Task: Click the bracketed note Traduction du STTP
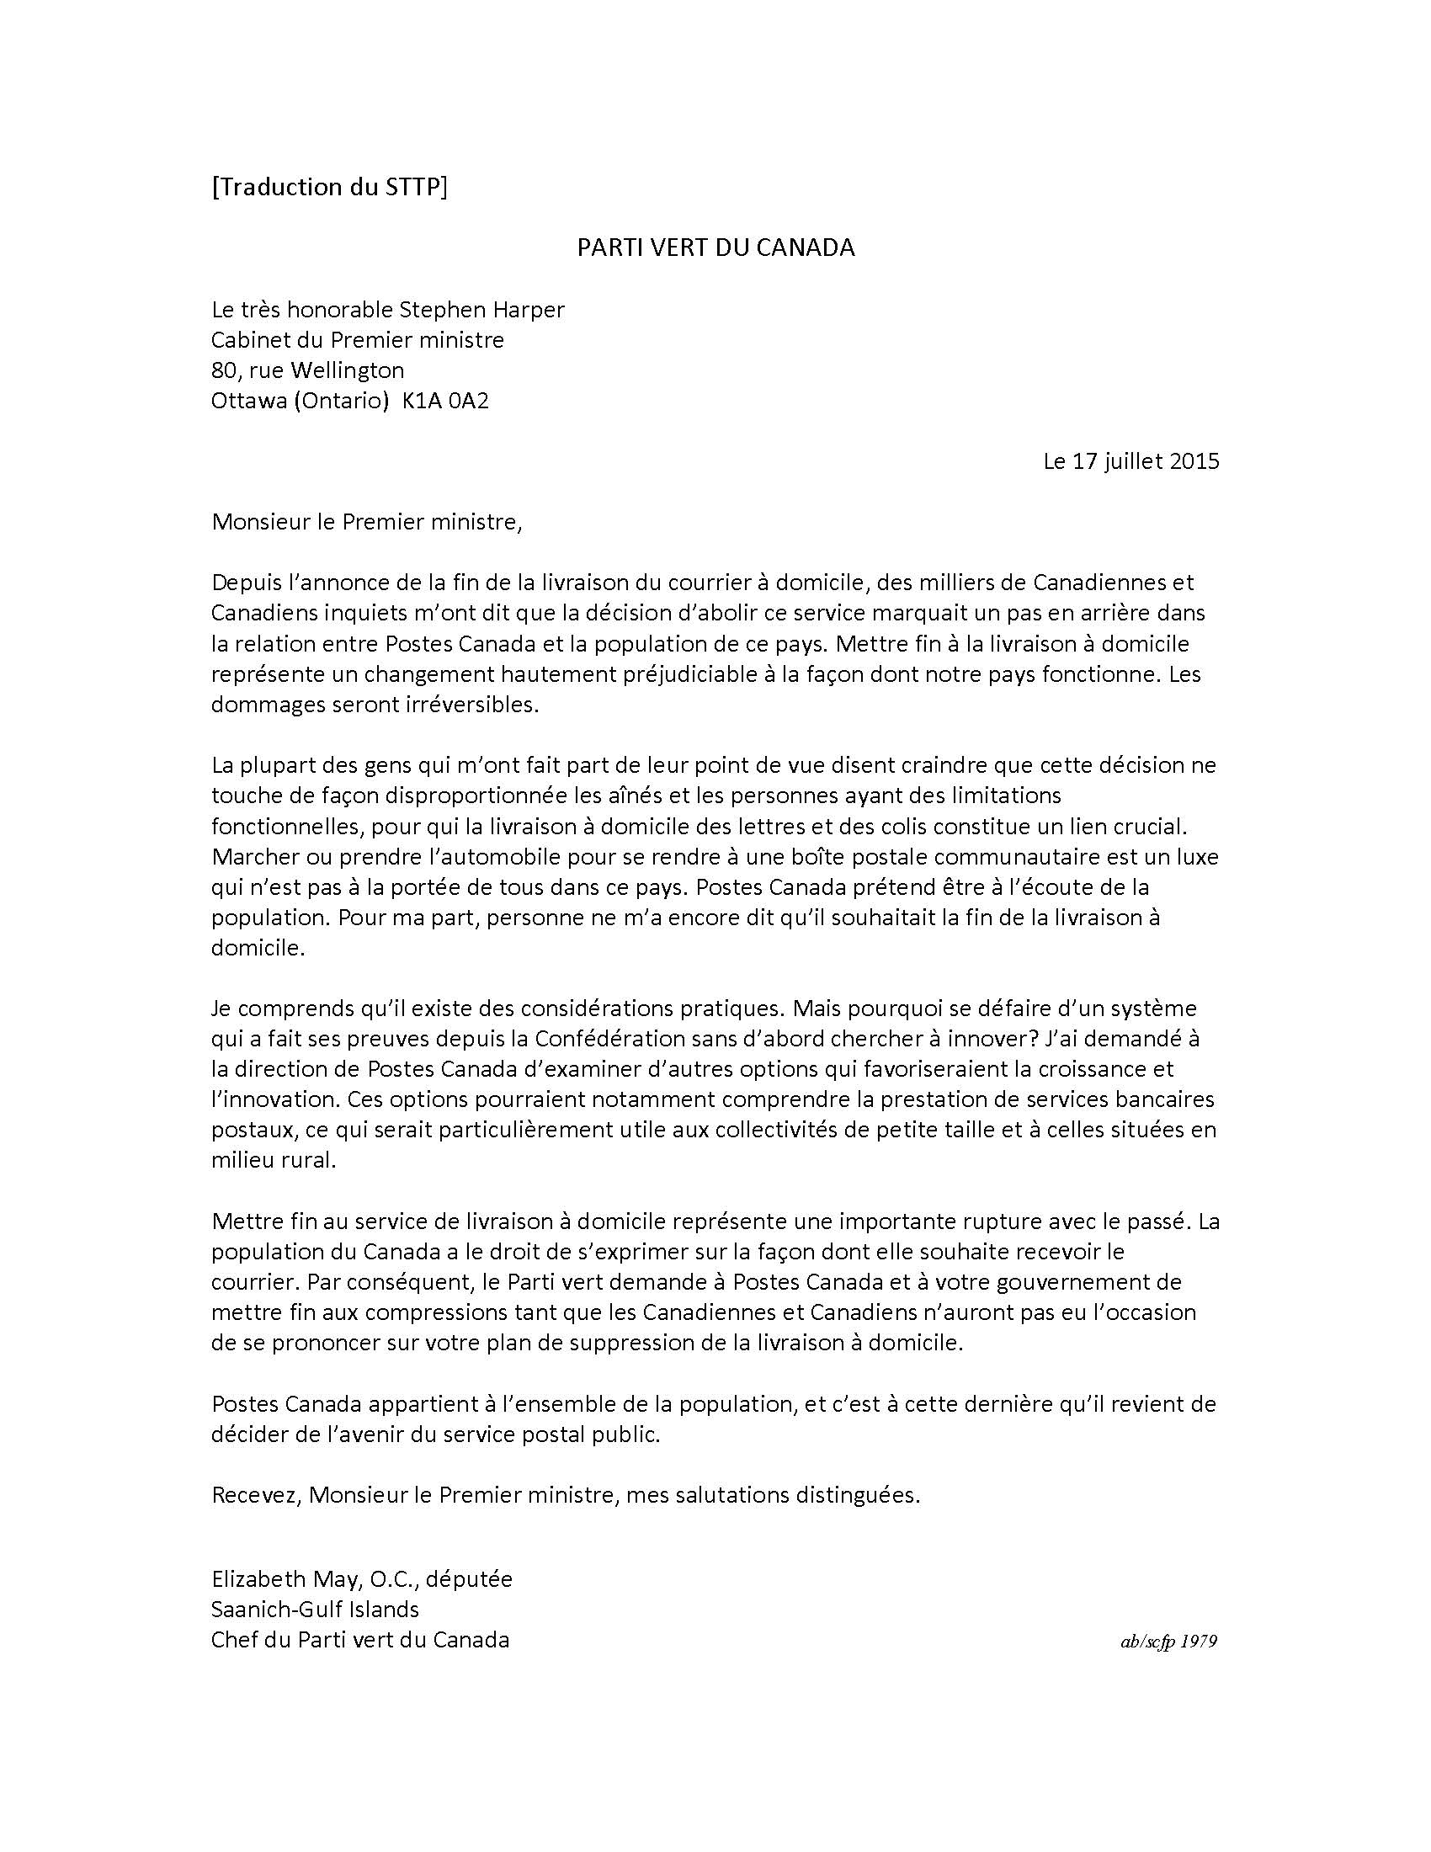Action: point(329,187)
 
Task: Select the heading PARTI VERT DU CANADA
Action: point(715,247)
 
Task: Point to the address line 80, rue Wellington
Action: point(308,370)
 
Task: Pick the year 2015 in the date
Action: point(1194,461)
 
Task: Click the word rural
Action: point(309,1161)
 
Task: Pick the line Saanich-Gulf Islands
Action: point(316,1610)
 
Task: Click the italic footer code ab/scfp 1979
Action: point(1168,1642)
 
